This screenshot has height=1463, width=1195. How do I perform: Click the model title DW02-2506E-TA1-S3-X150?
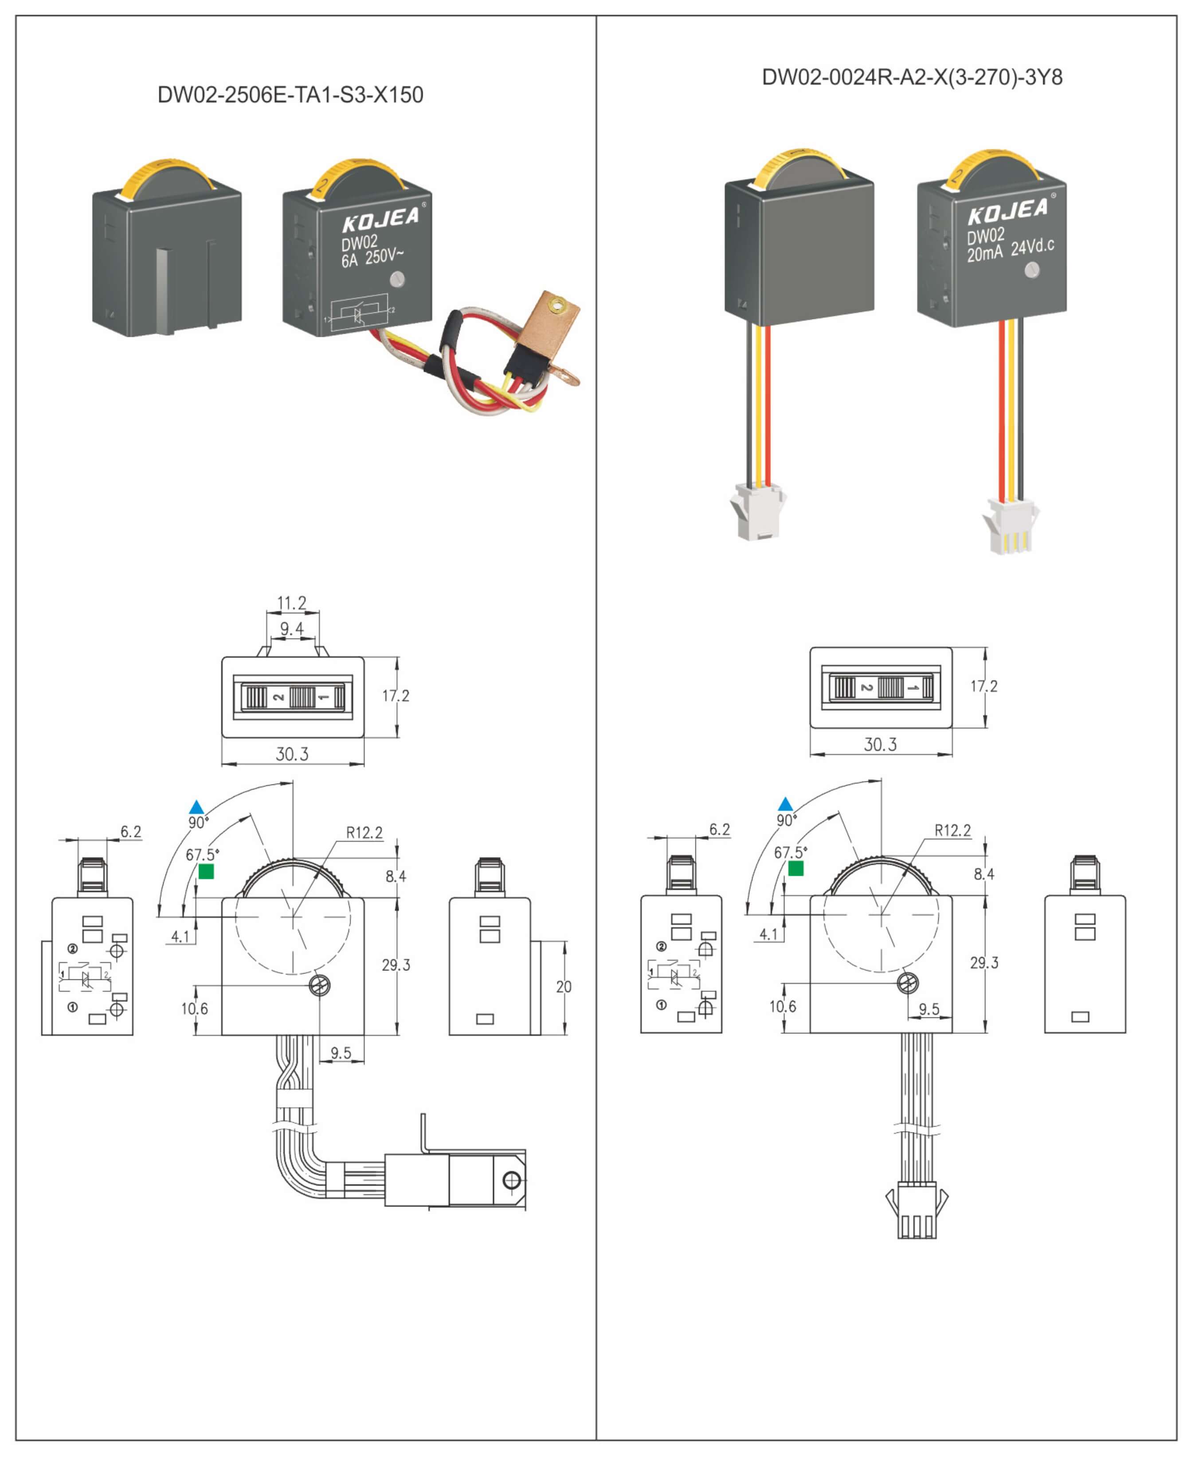(x=290, y=95)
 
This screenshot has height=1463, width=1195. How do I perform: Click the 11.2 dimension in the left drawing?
(x=291, y=603)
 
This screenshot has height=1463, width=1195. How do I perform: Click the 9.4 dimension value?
(x=291, y=628)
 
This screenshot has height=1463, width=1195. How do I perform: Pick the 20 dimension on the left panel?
(x=563, y=986)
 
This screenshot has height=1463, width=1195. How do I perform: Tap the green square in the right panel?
(x=796, y=868)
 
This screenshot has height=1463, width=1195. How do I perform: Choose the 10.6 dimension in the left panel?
(x=194, y=1009)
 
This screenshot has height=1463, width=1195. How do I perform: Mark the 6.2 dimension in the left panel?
(x=131, y=832)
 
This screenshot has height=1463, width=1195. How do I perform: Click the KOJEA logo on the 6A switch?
(x=380, y=220)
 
